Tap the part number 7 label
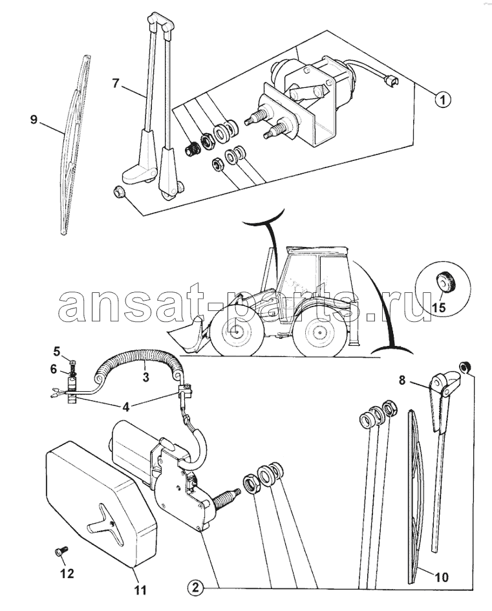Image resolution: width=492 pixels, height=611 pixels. click(x=115, y=83)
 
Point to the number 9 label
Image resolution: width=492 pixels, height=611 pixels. click(x=34, y=120)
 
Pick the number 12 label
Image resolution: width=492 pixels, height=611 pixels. click(x=67, y=573)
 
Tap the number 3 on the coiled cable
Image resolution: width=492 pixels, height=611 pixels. click(x=145, y=377)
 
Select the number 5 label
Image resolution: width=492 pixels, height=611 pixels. click(x=57, y=352)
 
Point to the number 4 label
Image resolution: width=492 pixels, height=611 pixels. click(x=125, y=407)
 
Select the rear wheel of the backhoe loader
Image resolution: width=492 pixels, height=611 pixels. click(x=319, y=333)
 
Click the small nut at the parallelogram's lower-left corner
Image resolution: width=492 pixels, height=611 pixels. click(x=118, y=192)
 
